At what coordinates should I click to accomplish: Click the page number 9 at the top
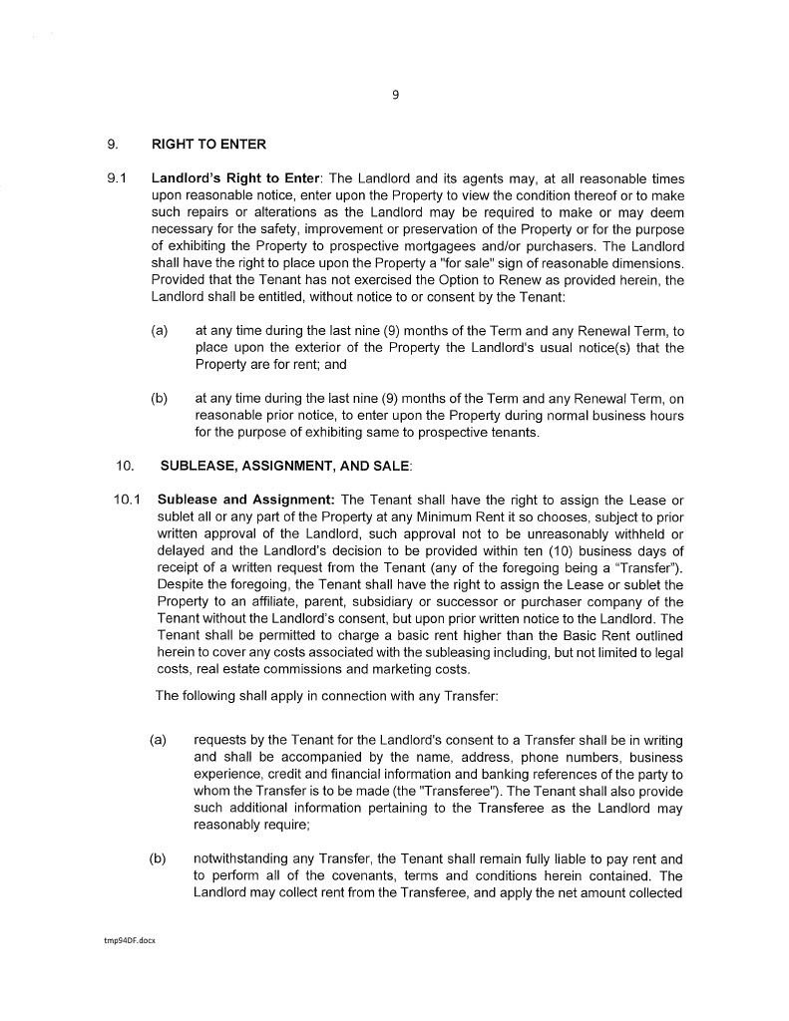[x=395, y=95]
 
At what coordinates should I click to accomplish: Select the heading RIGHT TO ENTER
[x=208, y=145]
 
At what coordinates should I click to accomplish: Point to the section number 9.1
[x=117, y=179]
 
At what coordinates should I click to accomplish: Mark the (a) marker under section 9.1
[x=159, y=330]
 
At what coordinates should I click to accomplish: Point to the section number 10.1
[x=127, y=499]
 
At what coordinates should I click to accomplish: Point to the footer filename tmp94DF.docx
[x=126, y=940]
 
